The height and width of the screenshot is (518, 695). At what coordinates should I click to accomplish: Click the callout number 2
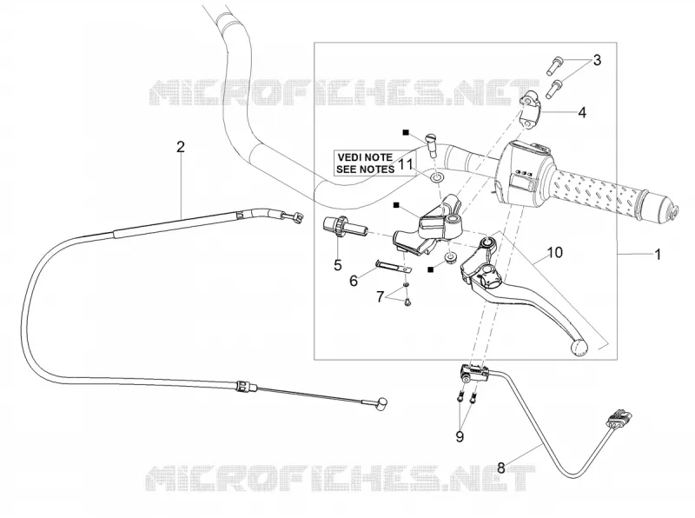pyautogui.click(x=180, y=147)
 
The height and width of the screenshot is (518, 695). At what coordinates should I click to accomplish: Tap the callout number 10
pyautogui.click(x=554, y=252)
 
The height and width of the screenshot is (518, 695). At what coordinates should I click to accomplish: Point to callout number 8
pyautogui.click(x=501, y=468)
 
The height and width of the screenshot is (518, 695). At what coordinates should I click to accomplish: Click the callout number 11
pyautogui.click(x=406, y=164)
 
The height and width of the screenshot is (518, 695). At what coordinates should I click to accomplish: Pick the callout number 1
pyautogui.click(x=658, y=255)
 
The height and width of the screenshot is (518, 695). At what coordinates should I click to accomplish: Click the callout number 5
pyautogui.click(x=338, y=265)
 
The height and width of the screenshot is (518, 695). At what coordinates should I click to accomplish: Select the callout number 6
pyautogui.click(x=354, y=281)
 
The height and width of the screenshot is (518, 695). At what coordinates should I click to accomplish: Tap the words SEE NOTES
pyautogui.click(x=365, y=169)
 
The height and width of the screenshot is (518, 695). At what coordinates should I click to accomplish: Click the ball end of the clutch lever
pyautogui.click(x=579, y=348)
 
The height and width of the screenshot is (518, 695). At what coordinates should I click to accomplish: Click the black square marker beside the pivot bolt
pyautogui.click(x=405, y=133)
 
